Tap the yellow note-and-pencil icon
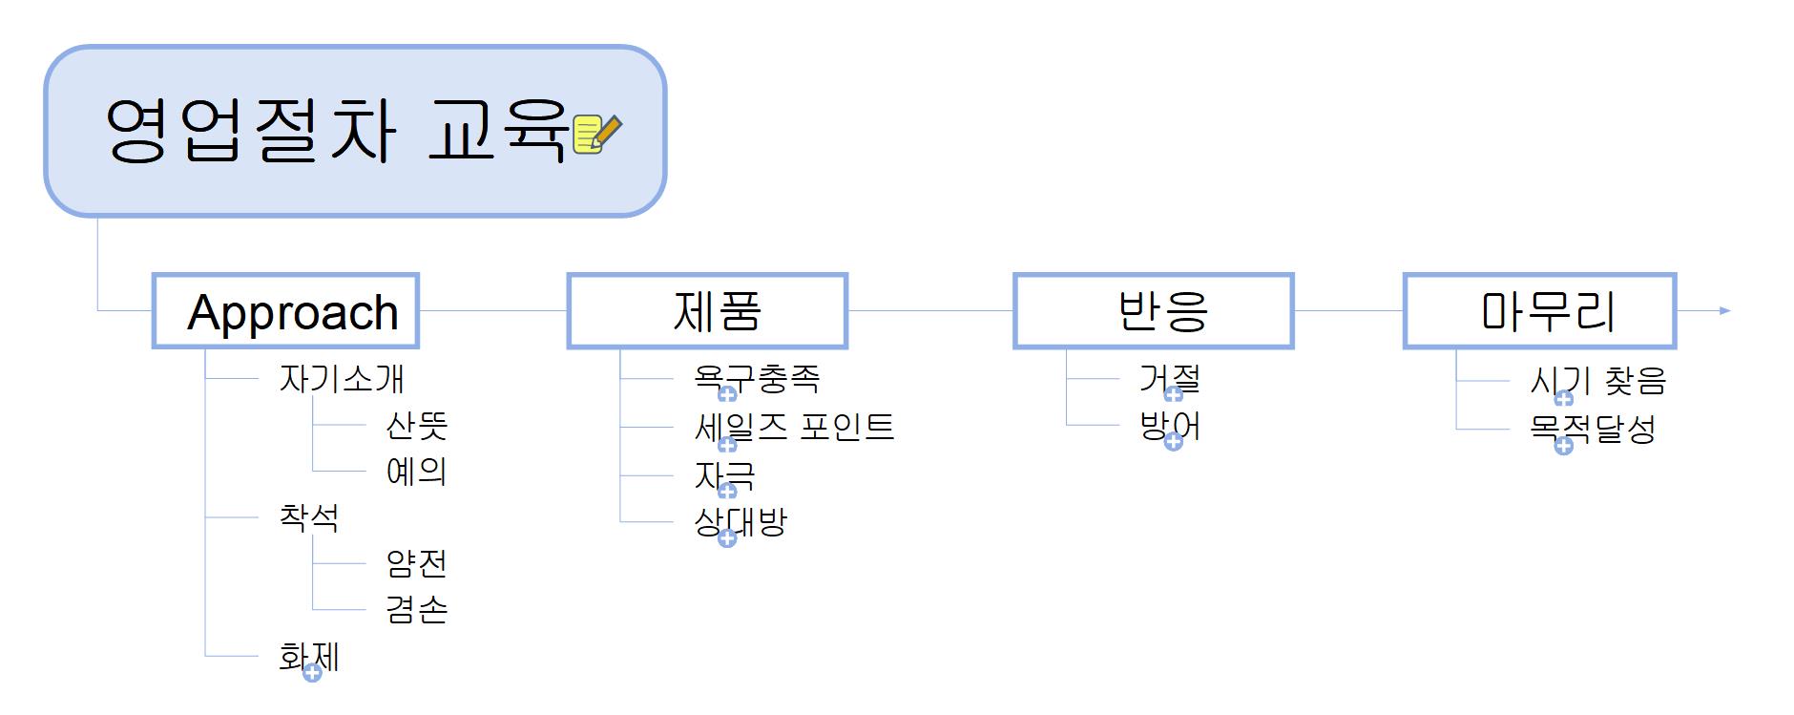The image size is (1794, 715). coord(596,133)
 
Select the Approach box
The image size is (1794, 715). coord(285,311)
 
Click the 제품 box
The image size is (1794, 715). coord(707,311)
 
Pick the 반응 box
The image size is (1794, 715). coord(1153,311)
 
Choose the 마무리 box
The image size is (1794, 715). coord(1539,311)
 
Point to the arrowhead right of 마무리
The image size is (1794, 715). coord(1724,310)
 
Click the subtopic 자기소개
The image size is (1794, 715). coord(341,379)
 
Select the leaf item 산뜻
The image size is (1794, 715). coord(416,425)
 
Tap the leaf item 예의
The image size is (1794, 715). coord(416,471)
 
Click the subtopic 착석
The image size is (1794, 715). coord(308,516)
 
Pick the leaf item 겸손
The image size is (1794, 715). coord(416,609)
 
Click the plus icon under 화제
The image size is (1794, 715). coord(312,674)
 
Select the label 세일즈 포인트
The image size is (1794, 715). coord(794,427)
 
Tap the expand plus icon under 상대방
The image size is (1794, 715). coord(727,538)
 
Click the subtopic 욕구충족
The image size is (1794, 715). coord(757,379)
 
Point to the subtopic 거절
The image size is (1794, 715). coord(1169,378)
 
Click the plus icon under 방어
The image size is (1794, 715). coord(1174,442)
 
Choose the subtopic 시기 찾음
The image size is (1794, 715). coord(1598,381)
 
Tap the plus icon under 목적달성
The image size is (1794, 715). coord(1564,446)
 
